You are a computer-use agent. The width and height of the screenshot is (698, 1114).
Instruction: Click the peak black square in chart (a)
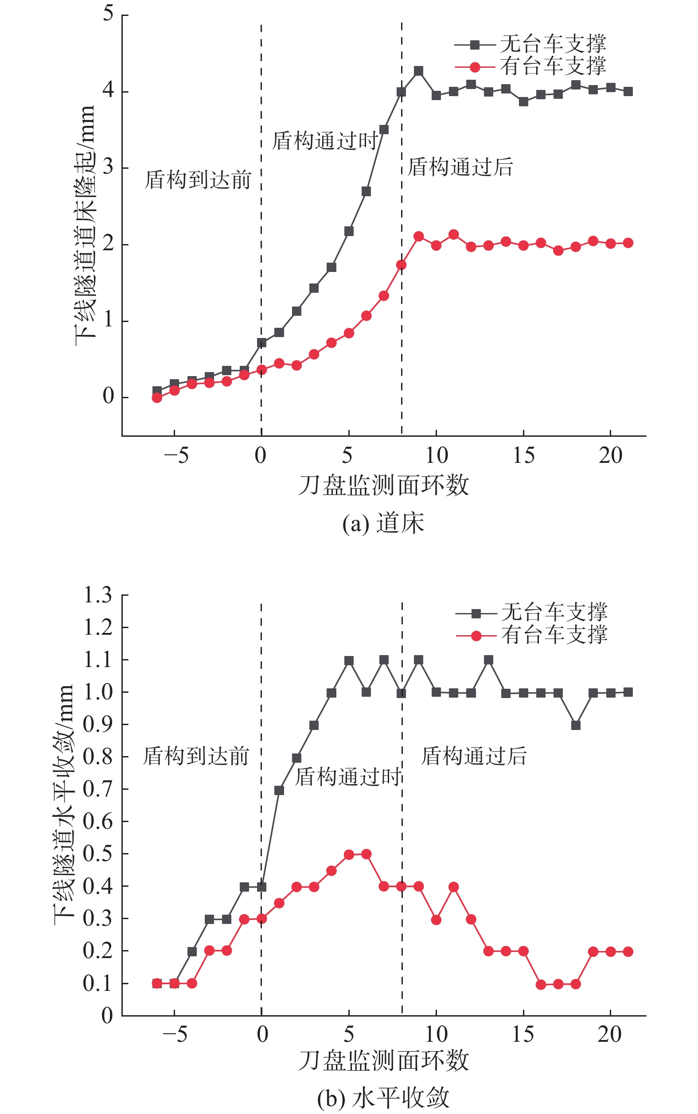point(419,71)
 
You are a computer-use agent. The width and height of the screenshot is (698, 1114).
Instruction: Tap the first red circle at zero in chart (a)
point(157,398)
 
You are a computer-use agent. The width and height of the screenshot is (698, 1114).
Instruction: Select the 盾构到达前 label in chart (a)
point(198,180)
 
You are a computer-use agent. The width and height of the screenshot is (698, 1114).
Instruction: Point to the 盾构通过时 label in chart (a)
point(325,141)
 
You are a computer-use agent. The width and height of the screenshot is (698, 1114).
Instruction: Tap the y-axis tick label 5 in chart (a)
point(108,13)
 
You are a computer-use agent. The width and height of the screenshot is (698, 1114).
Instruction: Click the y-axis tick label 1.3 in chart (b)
point(98,595)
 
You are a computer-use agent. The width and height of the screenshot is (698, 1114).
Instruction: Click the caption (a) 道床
point(383,524)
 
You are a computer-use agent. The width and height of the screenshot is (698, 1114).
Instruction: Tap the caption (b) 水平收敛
point(383,1098)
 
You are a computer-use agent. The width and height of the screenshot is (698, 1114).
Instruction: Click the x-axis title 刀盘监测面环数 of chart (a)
point(383,485)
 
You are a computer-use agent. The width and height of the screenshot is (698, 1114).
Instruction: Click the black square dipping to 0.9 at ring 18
point(576,725)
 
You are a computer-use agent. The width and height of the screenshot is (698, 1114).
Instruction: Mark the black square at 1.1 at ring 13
point(488,660)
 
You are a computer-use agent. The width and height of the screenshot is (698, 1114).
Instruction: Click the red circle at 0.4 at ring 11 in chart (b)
point(453,887)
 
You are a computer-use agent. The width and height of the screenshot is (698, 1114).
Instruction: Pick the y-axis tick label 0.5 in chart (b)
point(98,854)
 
